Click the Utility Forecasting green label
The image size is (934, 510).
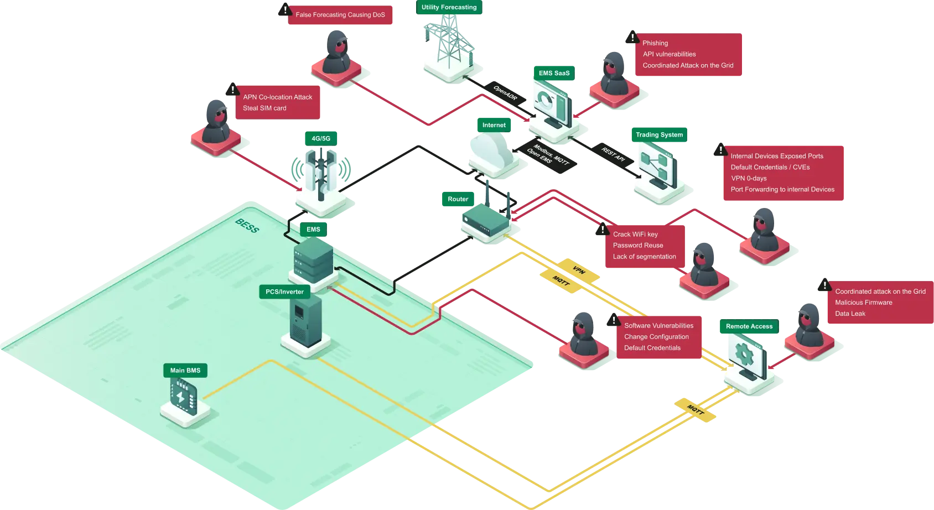click(449, 8)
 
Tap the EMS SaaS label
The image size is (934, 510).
click(554, 73)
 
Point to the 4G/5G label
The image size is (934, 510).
click(321, 139)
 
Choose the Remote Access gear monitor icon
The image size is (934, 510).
click(746, 356)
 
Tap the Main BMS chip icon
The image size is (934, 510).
click(184, 397)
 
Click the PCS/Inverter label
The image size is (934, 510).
click(284, 292)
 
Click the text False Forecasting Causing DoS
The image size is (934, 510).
click(340, 15)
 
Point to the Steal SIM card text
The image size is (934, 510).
click(264, 108)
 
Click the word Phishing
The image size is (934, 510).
click(655, 43)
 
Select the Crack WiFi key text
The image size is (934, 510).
click(635, 235)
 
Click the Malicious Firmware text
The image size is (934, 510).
click(863, 303)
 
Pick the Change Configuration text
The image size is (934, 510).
click(656, 337)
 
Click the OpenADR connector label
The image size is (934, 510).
click(505, 93)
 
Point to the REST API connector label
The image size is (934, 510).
click(613, 154)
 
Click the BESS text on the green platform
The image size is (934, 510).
click(247, 226)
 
